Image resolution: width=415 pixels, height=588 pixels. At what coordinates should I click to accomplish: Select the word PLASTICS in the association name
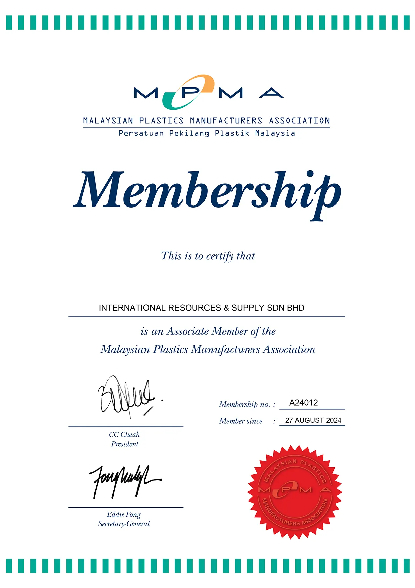pyautogui.click(x=161, y=121)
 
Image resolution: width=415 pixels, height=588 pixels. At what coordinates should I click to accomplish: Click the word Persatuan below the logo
pyautogui.click(x=141, y=133)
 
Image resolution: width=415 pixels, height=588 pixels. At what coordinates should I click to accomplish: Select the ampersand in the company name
pyautogui.click(x=226, y=308)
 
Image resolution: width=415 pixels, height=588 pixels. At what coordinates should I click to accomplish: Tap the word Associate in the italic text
pyautogui.click(x=188, y=331)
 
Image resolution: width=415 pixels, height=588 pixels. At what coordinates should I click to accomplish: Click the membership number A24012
pyautogui.click(x=303, y=403)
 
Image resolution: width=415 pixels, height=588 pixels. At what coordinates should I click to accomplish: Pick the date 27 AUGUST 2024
pyautogui.click(x=313, y=420)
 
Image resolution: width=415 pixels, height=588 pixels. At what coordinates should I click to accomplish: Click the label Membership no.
pyautogui.click(x=244, y=404)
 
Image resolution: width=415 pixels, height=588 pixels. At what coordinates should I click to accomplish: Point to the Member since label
pyautogui.click(x=241, y=421)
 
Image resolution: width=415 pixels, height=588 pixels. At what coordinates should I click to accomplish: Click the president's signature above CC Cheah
pyautogui.click(x=127, y=397)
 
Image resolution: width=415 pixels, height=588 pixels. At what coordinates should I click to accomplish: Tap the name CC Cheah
pyautogui.click(x=124, y=435)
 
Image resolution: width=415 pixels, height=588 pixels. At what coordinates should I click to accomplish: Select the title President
pyautogui.click(x=125, y=444)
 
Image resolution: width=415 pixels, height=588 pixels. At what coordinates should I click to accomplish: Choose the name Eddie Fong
pyautogui.click(x=124, y=515)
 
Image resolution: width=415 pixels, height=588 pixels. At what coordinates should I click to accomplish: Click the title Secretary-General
pyautogui.click(x=124, y=524)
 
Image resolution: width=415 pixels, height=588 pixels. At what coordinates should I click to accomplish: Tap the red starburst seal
pyautogui.click(x=294, y=492)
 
